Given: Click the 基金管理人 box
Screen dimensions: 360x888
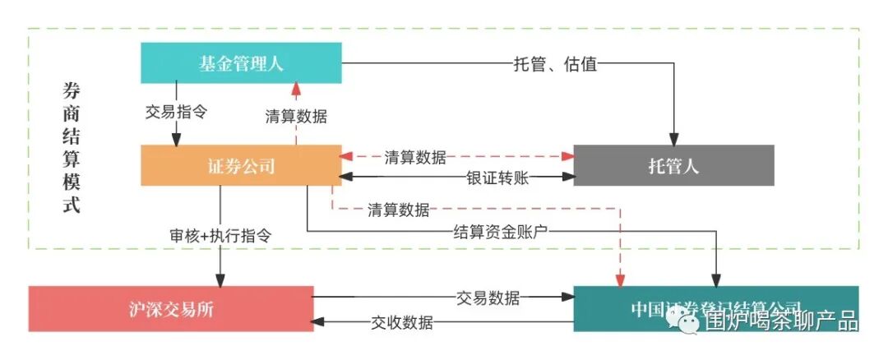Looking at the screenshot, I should coord(241,63).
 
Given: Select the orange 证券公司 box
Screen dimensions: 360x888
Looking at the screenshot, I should coord(241,166).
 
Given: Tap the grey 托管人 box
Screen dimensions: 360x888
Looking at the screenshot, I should coord(673,166).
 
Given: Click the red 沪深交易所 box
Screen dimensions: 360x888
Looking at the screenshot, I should coord(171,309).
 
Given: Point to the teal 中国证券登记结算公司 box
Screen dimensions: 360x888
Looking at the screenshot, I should coord(715,308).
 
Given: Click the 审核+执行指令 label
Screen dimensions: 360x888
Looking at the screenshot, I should coord(220,234).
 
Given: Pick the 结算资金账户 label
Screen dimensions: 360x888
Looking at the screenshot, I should coord(500,233).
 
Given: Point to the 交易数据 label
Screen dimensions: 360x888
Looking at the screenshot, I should coord(488,298).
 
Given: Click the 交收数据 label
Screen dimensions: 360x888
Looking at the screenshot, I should coord(402,323).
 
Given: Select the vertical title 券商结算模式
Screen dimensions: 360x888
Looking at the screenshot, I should coord(72,148).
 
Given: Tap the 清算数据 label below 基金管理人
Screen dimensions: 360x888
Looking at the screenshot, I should coord(296,117).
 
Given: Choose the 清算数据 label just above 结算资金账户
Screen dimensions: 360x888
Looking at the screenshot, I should coord(398,210).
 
